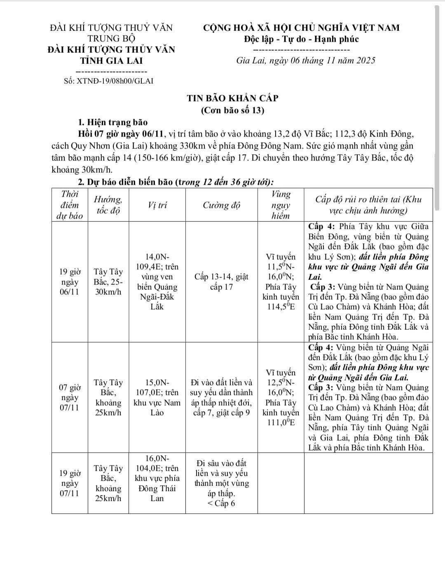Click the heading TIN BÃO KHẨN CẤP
pos(232,98)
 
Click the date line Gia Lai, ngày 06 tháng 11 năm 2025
pos(306,61)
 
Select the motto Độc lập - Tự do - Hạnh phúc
pos(301,39)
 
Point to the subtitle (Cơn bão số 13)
pos(232,110)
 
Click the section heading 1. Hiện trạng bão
pos(112,122)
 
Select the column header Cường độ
pos(221,205)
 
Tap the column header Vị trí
pos(157,205)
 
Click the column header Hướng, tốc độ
pos(108,205)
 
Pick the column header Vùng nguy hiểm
pos(281,205)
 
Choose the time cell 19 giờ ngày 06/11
pos(69,282)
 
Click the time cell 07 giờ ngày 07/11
pos(69,398)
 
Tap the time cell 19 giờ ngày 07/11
pos(69,483)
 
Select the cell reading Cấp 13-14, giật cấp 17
pos(221,282)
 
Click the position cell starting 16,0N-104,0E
pos(157,478)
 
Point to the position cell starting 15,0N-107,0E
pos(157,398)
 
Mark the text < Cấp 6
pos(221,503)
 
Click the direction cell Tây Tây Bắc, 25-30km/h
pos(108,282)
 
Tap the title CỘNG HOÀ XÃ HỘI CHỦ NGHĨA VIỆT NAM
pos(301,28)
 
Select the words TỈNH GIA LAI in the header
pos(111,61)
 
